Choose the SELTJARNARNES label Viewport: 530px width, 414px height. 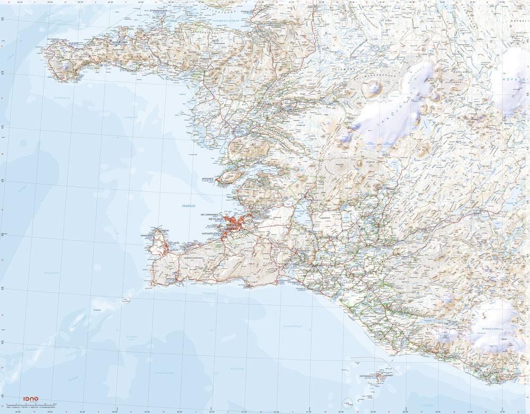click(x=209, y=214)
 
